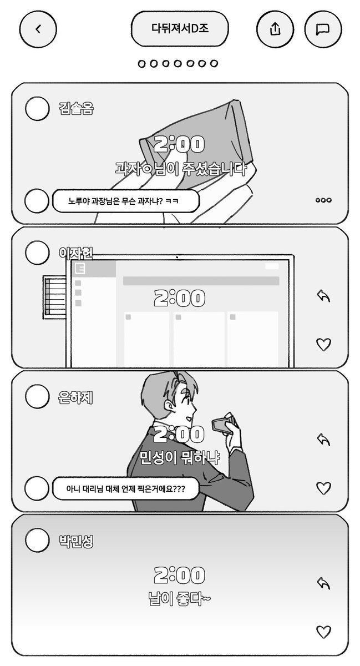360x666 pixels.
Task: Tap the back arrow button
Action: click(38, 29)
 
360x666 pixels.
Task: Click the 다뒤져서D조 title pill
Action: click(180, 29)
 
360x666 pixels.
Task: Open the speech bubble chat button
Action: click(323, 29)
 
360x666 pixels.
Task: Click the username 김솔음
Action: click(76, 108)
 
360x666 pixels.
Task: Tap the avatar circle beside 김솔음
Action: click(37, 108)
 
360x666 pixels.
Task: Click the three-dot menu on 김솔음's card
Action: click(323, 200)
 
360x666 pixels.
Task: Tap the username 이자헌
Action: click(76, 253)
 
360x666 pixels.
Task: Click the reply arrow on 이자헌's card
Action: click(323, 296)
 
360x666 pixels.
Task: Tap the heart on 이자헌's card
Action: click(323, 344)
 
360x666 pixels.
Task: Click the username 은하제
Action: click(76, 396)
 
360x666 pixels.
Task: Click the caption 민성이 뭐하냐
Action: click(180, 458)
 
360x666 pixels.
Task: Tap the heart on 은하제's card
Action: click(323, 488)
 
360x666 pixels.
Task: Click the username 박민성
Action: click(76, 540)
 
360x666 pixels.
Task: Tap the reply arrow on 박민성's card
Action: click(323, 583)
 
